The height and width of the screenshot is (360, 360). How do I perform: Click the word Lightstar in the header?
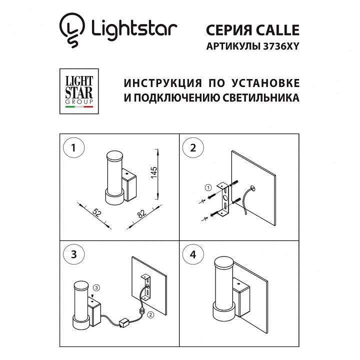click(134, 28)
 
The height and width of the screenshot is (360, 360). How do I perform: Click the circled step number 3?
click(73, 254)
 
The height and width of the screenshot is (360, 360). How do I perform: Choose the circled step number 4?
click(193, 254)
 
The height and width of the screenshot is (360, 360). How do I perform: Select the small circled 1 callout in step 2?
click(208, 188)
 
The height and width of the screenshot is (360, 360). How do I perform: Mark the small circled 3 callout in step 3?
click(97, 287)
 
